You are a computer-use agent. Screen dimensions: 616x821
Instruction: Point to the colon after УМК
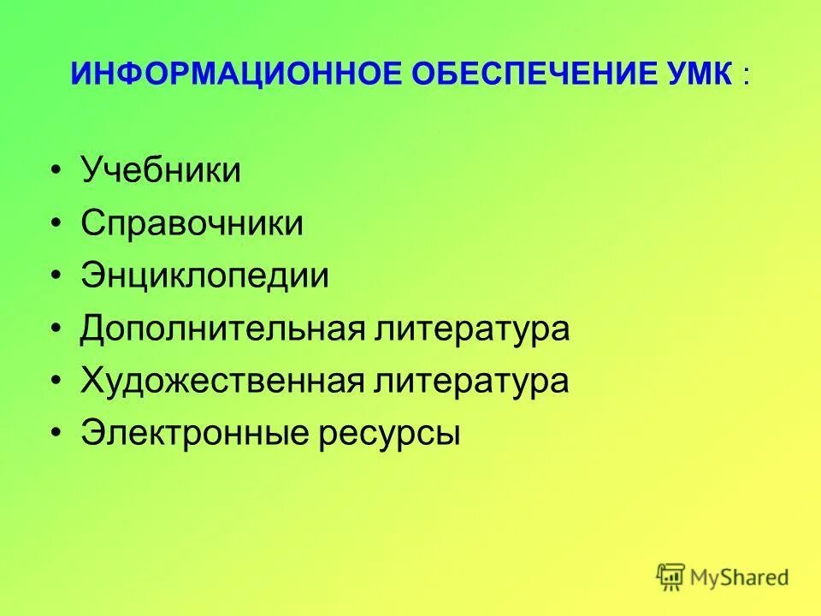pyautogui.click(x=746, y=76)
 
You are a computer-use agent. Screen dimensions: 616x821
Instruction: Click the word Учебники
pyautogui.click(x=161, y=170)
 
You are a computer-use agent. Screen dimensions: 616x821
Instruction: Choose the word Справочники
pyautogui.click(x=192, y=223)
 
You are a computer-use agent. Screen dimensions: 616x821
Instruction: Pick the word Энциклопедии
pyautogui.click(x=205, y=276)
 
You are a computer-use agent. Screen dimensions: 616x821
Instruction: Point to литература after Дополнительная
pyautogui.click(x=470, y=329)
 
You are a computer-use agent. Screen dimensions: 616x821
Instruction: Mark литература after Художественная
pyautogui.click(x=470, y=382)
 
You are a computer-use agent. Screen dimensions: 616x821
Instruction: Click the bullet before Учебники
pyautogui.click(x=56, y=171)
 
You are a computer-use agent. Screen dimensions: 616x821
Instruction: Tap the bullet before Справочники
pyautogui.click(x=56, y=224)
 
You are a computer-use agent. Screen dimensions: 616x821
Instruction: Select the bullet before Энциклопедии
pyautogui.click(x=56, y=277)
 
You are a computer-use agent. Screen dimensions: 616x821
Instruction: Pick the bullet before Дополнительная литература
pyautogui.click(x=56, y=330)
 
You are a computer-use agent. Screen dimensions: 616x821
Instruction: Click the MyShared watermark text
pyautogui.click(x=741, y=577)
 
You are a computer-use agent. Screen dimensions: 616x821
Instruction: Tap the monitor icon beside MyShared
pyautogui.click(x=671, y=577)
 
